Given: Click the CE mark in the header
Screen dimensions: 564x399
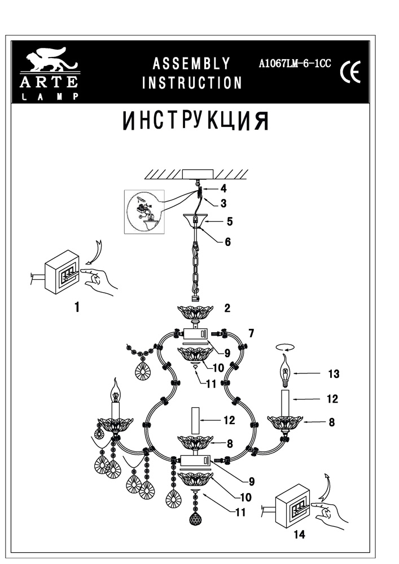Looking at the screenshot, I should tap(350, 73).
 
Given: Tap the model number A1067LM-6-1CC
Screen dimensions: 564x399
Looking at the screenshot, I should tap(294, 64).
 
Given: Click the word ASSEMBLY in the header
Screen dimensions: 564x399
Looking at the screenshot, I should tap(191, 63).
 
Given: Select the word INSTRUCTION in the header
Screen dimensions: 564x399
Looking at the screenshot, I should tap(192, 83).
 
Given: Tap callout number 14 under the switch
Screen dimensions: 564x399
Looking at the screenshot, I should tap(300, 535).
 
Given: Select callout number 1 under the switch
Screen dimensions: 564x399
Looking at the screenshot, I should tap(76, 307).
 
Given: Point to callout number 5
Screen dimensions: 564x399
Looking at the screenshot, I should tap(230, 221).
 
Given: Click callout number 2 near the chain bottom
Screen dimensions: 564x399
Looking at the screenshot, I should tap(227, 308).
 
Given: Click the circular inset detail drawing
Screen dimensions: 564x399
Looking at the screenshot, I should tap(143, 211).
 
